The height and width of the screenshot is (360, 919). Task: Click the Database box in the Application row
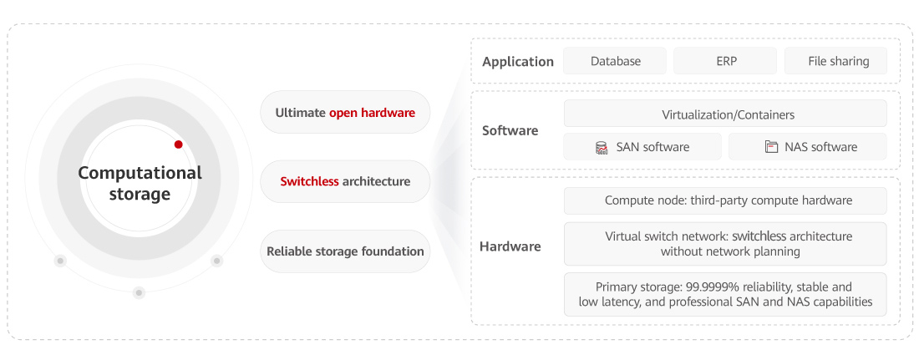pyautogui.click(x=615, y=61)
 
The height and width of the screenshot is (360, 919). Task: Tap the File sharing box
pyautogui.click(x=838, y=61)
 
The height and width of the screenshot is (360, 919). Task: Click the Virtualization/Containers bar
pyautogui.click(x=725, y=114)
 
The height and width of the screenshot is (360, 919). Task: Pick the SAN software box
pyautogui.click(x=642, y=147)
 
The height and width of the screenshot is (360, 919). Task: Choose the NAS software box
pyautogui.click(x=808, y=147)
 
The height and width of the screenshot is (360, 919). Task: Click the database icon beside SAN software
pyautogui.click(x=602, y=148)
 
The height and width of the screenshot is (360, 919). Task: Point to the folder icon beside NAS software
pyautogui.click(x=771, y=147)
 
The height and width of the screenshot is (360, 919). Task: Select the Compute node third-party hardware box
pyautogui.click(x=725, y=200)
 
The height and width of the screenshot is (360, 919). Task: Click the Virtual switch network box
pyautogui.click(x=725, y=244)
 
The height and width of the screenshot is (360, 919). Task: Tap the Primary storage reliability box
pyautogui.click(x=725, y=294)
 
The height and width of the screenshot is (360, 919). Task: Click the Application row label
pyautogui.click(x=518, y=62)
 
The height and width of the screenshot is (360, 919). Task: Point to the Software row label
pyautogui.click(x=510, y=130)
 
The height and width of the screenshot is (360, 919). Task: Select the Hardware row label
pyautogui.click(x=510, y=246)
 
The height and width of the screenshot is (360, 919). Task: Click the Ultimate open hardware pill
pyautogui.click(x=345, y=112)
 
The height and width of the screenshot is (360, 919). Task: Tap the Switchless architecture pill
pyautogui.click(x=345, y=181)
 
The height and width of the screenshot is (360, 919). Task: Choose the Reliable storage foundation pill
pyautogui.click(x=345, y=251)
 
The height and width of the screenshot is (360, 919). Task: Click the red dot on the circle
pyautogui.click(x=178, y=145)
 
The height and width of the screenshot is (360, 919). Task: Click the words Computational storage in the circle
pyautogui.click(x=140, y=184)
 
